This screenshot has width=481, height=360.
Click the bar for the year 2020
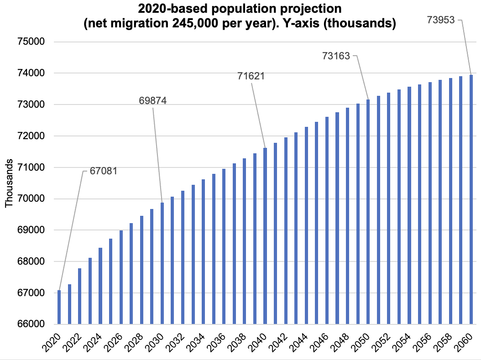click(59, 307)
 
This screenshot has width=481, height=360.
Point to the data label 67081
click(104, 172)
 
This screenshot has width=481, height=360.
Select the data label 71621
click(251, 76)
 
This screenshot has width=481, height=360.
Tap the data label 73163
click(336, 56)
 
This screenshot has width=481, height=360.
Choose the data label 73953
click(441, 20)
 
